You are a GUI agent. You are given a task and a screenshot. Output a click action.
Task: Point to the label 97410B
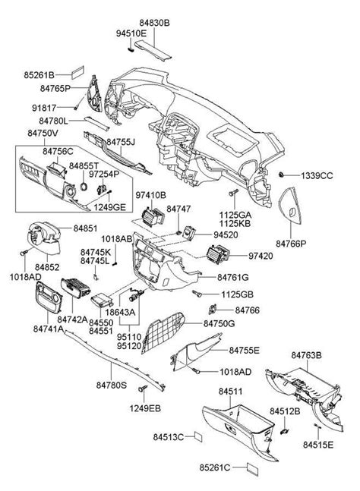[150, 196]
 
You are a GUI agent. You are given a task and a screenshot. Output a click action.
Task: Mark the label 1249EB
[144, 410]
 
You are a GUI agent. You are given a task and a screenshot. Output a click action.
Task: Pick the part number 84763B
[307, 354]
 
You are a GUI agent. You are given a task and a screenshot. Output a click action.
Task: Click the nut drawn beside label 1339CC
[282, 175]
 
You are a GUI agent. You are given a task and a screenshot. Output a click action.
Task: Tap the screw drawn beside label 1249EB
[143, 390]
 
